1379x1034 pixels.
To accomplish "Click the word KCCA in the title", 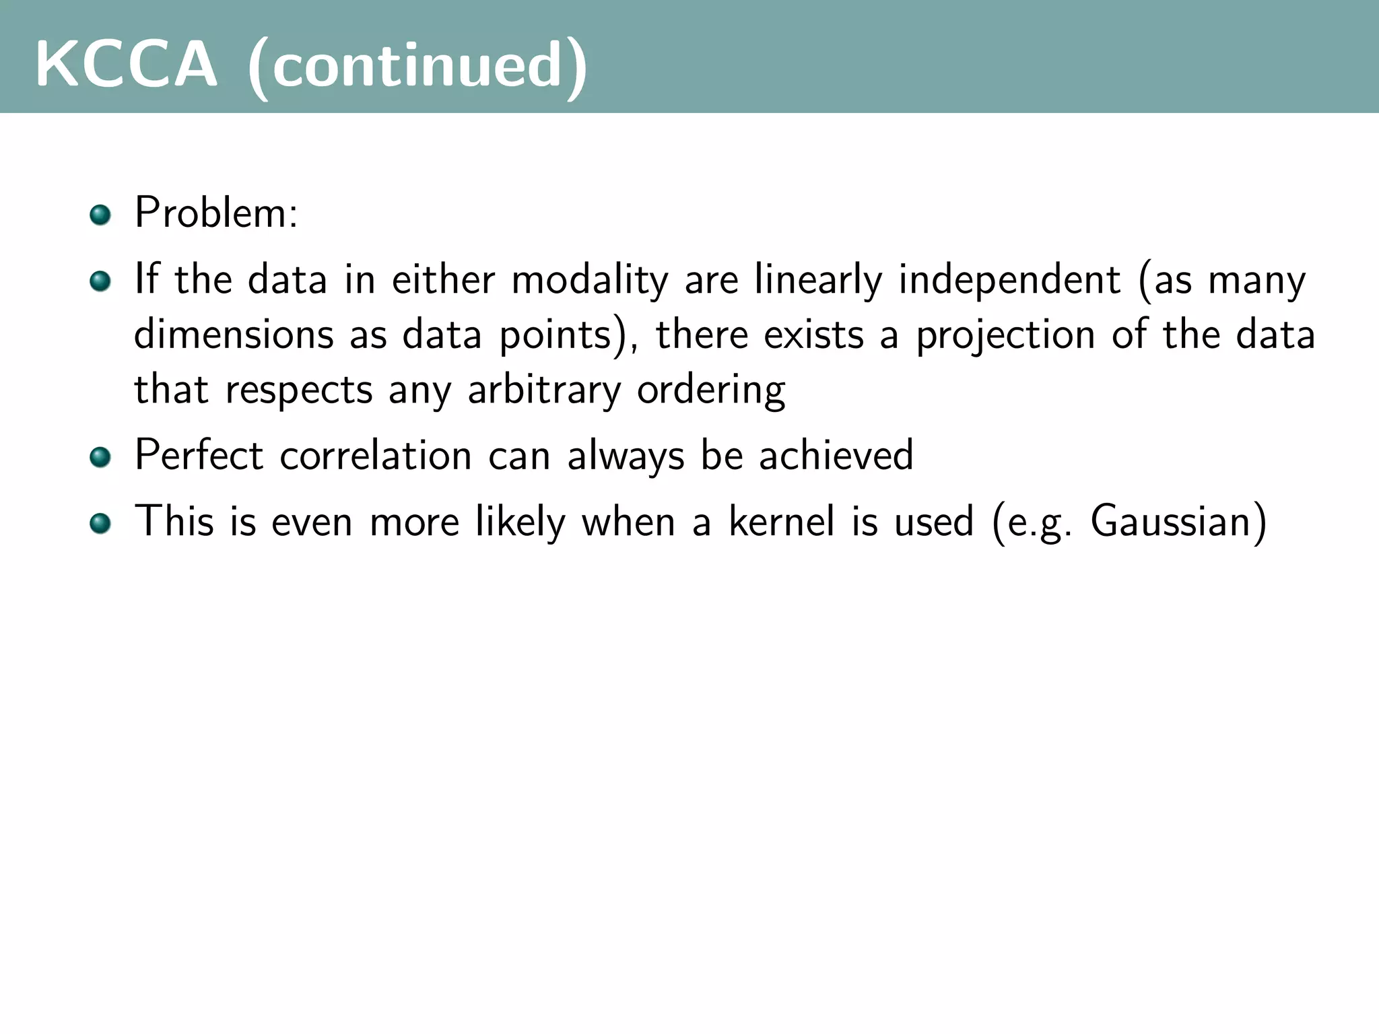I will click(x=127, y=65).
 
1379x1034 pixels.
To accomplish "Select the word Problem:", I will click(x=216, y=213).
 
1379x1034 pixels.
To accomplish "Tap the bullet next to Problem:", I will click(x=100, y=215).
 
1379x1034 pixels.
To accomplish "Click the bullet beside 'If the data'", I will click(x=100, y=281).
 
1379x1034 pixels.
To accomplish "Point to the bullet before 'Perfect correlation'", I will click(x=100, y=457).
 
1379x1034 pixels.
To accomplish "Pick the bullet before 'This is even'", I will click(x=100, y=523).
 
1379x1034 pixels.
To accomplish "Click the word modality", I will click(x=590, y=281).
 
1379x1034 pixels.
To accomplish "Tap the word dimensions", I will click(x=234, y=335).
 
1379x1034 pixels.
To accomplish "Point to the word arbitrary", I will click(x=544, y=390).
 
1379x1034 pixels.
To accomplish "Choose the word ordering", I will click(x=711, y=390).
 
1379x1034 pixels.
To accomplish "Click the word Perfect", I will click(x=199, y=455).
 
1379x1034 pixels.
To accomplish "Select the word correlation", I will click(x=376, y=456).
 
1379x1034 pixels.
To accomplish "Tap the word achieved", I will click(x=836, y=455).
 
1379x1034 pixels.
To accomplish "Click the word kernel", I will click(x=782, y=522).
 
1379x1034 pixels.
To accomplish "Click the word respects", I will click(x=299, y=390).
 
